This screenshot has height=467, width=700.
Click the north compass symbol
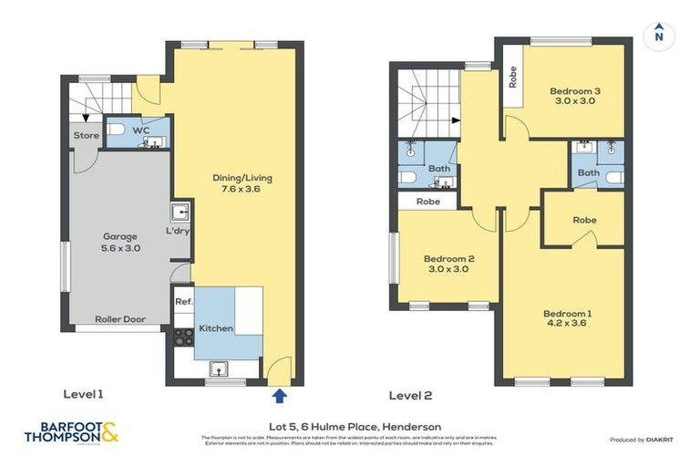658,37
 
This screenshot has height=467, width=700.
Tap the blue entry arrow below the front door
280,395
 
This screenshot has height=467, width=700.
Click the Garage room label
120,242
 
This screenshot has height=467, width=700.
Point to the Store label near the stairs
87,136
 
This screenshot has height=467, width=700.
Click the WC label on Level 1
140,130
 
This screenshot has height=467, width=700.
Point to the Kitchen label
216,328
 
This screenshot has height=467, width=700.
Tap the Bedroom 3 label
574,96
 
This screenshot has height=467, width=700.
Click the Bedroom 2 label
447,264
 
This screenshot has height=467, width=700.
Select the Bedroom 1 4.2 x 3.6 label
567,319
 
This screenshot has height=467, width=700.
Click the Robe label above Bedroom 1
584,220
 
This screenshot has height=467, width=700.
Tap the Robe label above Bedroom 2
428,201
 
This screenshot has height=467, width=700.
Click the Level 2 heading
409,395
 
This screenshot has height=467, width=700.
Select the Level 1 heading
84,394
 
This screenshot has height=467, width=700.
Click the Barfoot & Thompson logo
72,433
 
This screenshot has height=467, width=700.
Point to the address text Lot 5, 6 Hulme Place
355,426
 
